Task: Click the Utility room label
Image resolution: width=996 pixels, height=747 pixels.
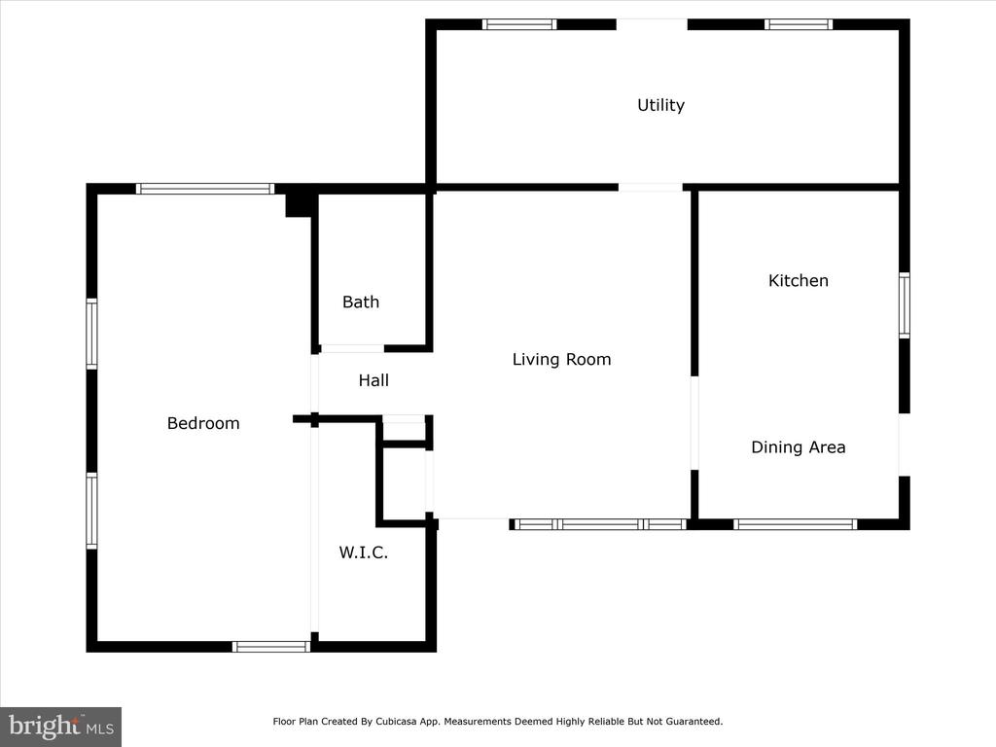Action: tap(660, 105)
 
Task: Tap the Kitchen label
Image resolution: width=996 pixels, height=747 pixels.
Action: tap(799, 281)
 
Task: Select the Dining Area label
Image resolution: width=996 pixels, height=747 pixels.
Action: tap(799, 447)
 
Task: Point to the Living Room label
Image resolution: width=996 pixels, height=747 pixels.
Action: tap(561, 360)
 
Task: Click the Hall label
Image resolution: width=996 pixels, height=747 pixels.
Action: tap(373, 380)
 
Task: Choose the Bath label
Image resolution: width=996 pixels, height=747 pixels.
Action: tap(361, 302)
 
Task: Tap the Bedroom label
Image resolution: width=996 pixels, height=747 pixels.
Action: tap(203, 424)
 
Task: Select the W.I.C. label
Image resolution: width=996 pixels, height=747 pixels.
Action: tap(364, 552)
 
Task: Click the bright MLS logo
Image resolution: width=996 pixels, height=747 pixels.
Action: tap(61, 727)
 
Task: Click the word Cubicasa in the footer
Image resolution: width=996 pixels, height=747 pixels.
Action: tap(397, 722)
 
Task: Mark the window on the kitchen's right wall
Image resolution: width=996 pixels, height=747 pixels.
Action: tap(905, 305)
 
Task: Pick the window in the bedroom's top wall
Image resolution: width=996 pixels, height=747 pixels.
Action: tap(205, 189)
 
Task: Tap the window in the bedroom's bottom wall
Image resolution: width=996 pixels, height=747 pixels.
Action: tap(271, 647)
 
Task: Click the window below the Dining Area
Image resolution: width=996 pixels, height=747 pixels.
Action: tap(796, 524)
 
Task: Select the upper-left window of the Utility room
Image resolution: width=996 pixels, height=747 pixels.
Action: tap(519, 24)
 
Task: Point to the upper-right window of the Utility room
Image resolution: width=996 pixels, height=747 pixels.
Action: tap(799, 24)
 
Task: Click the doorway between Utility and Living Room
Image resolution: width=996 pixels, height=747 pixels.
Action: tap(651, 188)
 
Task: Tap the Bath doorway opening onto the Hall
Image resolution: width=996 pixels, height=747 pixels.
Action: tap(352, 349)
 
